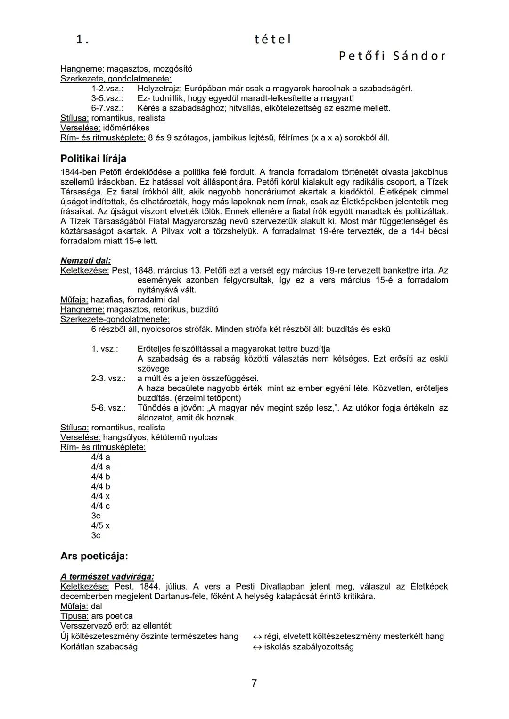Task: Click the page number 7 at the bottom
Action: [254, 683]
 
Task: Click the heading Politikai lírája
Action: [93, 159]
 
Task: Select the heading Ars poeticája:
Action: [94, 556]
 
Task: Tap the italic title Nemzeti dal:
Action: [86, 260]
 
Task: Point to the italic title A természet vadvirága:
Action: [107, 577]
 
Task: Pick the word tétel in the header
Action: [272, 40]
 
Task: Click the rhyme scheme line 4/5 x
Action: [100, 525]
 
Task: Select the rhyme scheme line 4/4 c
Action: [100, 506]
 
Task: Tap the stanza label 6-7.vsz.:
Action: [107, 108]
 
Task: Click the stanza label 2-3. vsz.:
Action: [108, 379]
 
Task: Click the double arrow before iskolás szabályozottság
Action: [257, 647]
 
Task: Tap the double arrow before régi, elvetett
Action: [257, 637]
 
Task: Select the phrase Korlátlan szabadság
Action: [99, 646]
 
